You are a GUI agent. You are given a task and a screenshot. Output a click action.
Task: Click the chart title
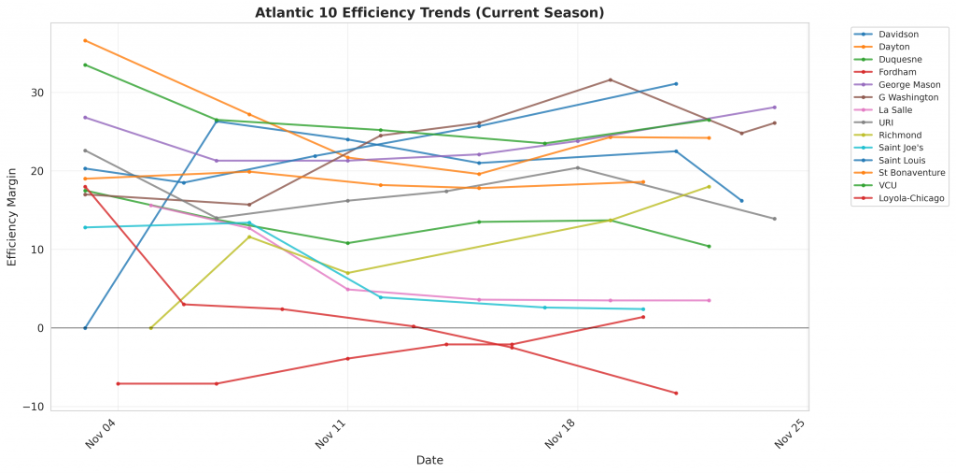coord(429,13)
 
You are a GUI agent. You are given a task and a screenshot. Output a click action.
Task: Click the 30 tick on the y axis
coord(36,93)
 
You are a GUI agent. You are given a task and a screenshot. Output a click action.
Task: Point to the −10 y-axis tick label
coord(33,407)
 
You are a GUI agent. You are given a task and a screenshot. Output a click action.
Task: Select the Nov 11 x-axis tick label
coord(331,437)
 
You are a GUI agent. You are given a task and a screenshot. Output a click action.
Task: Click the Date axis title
coord(429,460)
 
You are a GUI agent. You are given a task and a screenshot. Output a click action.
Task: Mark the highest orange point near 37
coord(85,40)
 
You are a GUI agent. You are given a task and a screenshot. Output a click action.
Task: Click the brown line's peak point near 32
coord(611,79)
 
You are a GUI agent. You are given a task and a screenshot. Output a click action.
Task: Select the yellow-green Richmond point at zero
coord(151,328)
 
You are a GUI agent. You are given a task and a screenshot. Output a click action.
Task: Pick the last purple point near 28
coord(774,107)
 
